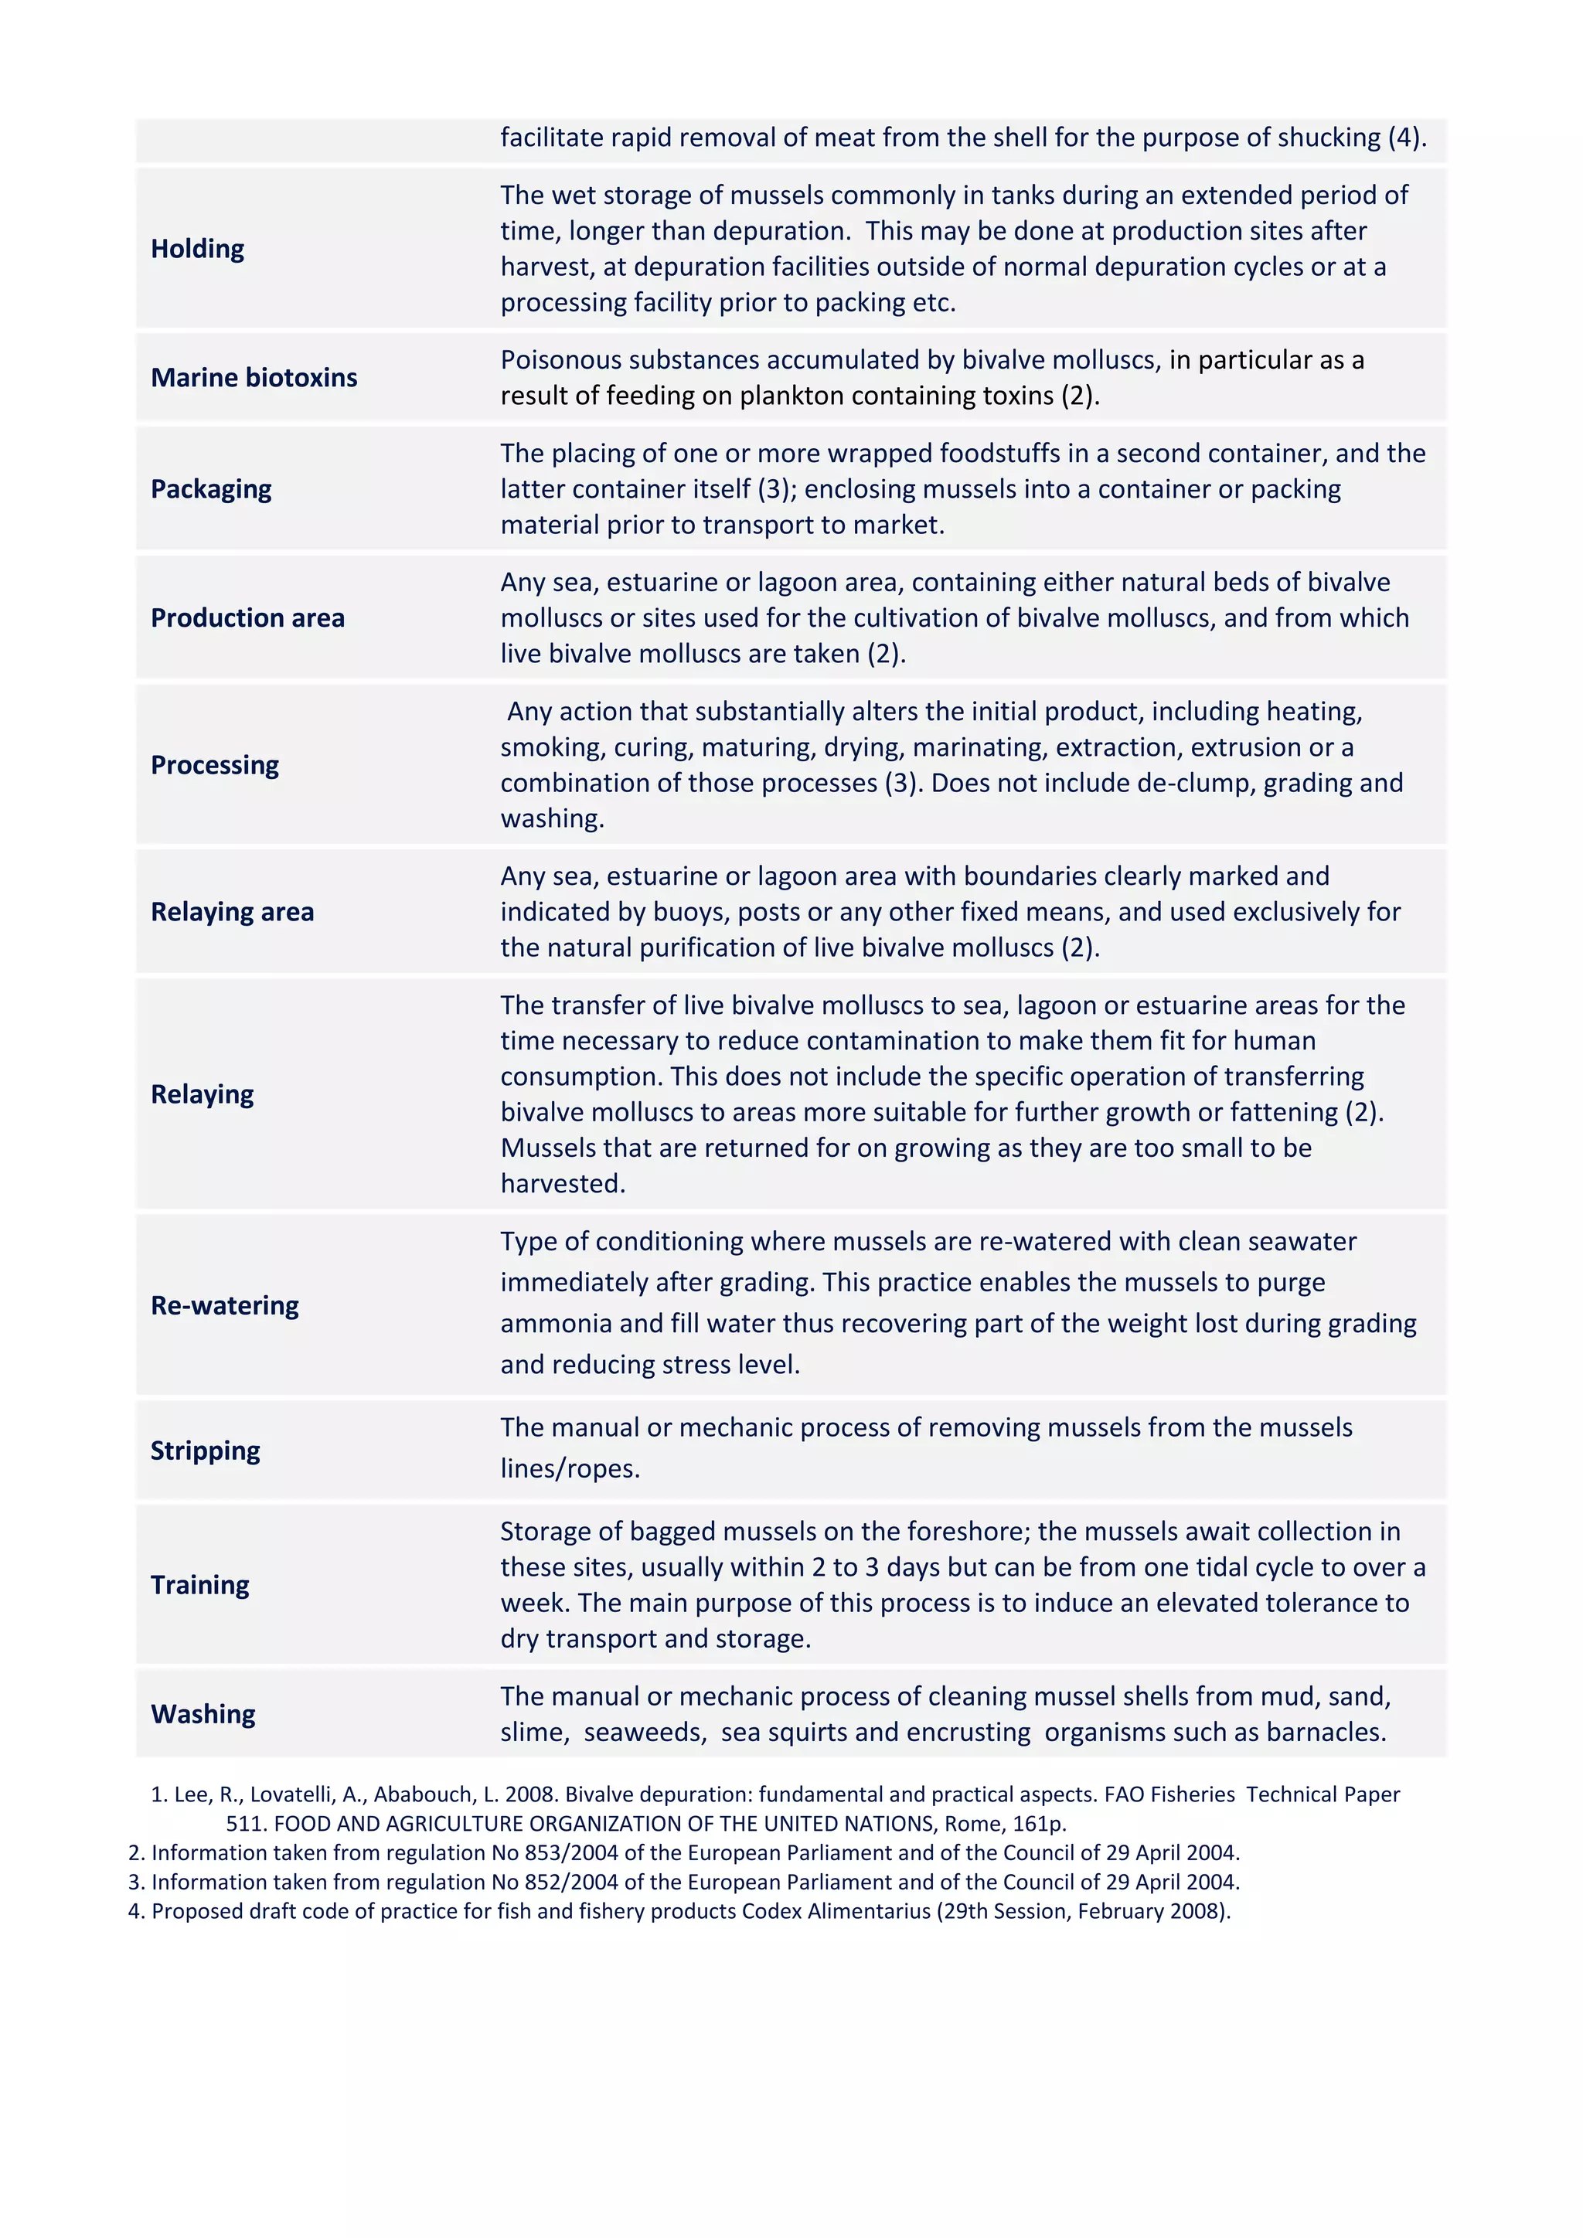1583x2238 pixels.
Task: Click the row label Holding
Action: pos(197,249)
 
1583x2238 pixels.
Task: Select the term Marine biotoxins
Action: pos(254,377)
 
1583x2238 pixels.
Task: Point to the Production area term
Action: pos(247,618)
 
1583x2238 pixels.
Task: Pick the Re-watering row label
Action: pos(224,1305)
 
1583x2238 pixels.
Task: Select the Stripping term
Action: pos(205,1451)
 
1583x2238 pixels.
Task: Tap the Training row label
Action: pos(200,1585)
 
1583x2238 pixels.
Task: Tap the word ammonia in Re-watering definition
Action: pos(557,1324)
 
